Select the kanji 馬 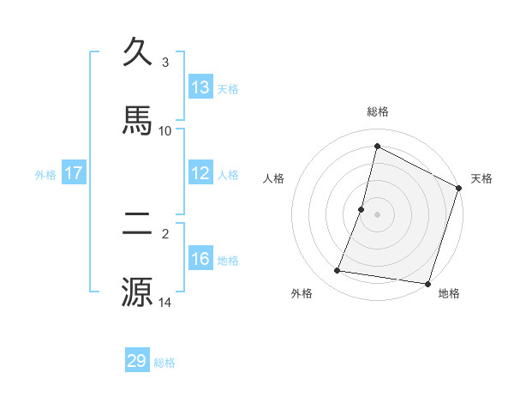point(138,120)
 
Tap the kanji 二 point(138,225)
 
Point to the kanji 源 point(138,292)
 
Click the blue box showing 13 point(200,87)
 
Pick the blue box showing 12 point(200,173)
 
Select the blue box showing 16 point(200,259)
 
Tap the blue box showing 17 point(73,173)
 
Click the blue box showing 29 point(137,361)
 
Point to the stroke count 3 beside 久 point(165,63)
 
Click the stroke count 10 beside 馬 point(165,130)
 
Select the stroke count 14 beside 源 point(165,302)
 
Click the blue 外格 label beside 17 point(45,175)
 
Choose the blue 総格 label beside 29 point(164,363)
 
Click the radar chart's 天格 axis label point(482,179)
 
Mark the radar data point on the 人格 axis point(362,209)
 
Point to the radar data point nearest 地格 point(427,284)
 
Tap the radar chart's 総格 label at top point(378,111)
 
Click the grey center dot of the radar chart point(378,214)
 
